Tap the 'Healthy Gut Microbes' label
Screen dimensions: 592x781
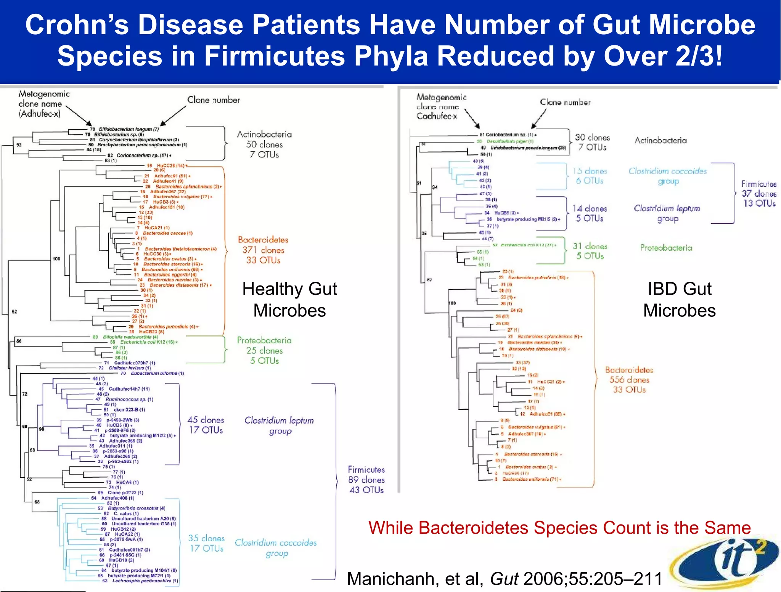click(289, 300)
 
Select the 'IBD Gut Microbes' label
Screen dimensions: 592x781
click(679, 300)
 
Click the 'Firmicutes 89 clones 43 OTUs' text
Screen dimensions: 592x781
click(366, 480)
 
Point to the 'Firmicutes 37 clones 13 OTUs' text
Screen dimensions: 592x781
click(759, 194)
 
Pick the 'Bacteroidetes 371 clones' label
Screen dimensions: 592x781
click(263, 250)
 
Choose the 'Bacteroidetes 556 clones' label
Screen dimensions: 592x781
click(629, 380)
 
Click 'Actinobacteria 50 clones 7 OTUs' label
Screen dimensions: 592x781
click(264, 144)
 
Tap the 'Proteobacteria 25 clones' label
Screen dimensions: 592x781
click(264, 350)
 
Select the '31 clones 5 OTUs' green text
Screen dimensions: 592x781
click(590, 251)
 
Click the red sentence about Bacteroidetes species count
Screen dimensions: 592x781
click(559, 528)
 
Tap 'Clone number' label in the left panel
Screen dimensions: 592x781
click(214, 100)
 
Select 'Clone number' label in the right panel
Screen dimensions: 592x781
click(565, 102)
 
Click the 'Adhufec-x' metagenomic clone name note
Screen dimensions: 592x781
click(40, 104)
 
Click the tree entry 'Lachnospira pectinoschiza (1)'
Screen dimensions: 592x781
click(145, 581)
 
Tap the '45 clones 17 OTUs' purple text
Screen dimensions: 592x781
click(206, 425)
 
